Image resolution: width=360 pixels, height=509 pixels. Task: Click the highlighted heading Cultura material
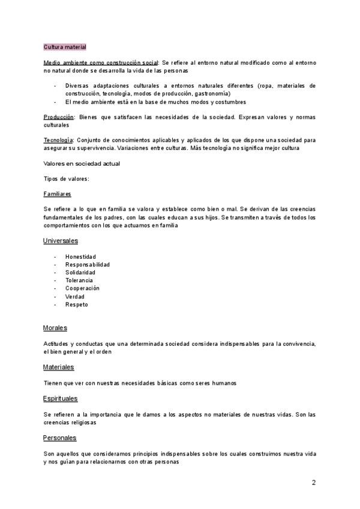[x=65, y=47]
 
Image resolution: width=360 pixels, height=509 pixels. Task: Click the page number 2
[x=313, y=483]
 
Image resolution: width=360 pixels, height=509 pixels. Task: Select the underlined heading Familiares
[x=58, y=194]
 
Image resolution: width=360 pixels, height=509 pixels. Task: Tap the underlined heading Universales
[x=61, y=241]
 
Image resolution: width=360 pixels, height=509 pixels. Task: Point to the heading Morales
[x=55, y=328]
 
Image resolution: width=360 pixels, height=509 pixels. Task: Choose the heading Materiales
[x=59, y=367]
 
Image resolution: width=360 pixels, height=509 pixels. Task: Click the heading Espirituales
[x=61, y=399]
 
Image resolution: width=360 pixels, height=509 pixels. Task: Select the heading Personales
[x=59, y=438]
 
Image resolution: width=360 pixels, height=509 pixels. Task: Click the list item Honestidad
[x=80, y=257]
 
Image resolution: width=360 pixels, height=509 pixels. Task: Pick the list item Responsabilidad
[x=88, y=265]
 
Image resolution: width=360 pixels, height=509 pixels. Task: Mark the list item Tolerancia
[x=79, y=280]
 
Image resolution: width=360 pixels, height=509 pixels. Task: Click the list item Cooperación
[x=82, y=288]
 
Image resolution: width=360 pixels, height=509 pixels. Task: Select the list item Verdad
[x=75, y=297]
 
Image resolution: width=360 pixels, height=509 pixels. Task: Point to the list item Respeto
[x=77, y=304]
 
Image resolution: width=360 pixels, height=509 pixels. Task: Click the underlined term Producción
[x=59, y=117]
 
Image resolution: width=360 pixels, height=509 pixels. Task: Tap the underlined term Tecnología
[x=58, y=140]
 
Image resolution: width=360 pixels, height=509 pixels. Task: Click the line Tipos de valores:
[x=67, y=179]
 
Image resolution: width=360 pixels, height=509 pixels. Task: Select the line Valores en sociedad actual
[x=82, y=163]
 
